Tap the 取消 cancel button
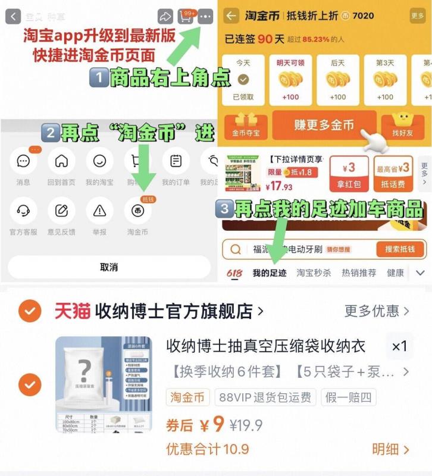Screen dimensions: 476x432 tap(108, 267)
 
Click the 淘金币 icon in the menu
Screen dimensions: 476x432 tap(137, 211)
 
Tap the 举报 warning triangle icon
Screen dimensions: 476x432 tap(99, 211)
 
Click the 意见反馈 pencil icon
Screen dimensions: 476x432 tap(61, 211)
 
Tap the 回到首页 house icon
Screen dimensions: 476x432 tap(61, 161)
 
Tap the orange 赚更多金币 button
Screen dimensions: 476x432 tap(324, 125)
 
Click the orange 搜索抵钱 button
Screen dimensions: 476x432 tap(399, 249)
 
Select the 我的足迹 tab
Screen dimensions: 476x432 tap(269, 273)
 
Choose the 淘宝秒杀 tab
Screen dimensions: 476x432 tap(314, 273)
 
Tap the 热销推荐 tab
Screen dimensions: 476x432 tap(359, 273)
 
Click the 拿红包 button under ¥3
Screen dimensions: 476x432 tap(349, 184)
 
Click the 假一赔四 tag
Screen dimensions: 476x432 tap(348, 397)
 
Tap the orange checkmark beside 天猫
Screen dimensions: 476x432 tap(30, 311)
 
